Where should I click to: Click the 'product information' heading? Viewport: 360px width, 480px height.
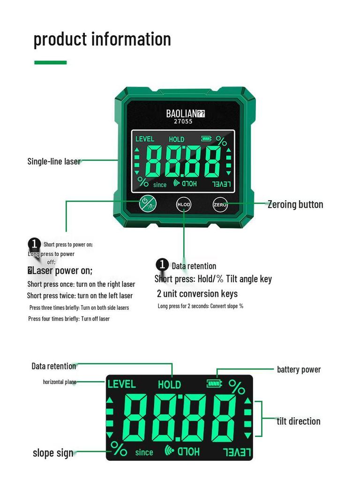102,39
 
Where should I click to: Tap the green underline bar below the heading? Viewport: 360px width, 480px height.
51,62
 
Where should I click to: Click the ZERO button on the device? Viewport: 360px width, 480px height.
220,204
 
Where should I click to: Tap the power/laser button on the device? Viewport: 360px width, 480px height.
148,204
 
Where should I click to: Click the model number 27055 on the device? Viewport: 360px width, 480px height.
183,121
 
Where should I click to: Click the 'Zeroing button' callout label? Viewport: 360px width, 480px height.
295,204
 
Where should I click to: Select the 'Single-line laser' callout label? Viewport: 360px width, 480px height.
54,161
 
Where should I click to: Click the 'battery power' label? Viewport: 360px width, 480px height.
299,369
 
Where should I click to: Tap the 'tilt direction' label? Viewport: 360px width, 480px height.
299,421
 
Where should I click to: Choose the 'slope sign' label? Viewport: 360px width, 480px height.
53,453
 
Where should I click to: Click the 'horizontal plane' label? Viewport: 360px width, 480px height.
60,382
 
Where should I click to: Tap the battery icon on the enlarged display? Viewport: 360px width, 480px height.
214,383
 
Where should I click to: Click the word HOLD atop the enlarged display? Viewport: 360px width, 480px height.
169,384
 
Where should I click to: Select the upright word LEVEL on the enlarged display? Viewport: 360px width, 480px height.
121,384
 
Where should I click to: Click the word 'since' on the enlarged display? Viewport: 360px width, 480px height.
144,452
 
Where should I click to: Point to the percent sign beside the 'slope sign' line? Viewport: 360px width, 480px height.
119,449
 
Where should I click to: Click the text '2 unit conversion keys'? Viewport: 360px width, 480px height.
197,293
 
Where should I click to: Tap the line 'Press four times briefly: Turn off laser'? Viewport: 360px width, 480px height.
69,319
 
